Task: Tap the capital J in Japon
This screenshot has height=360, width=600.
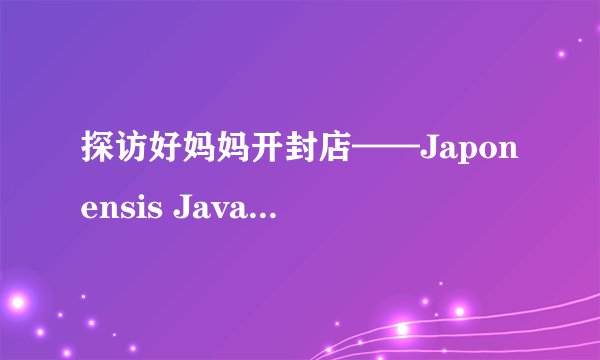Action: coord(431,155)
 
